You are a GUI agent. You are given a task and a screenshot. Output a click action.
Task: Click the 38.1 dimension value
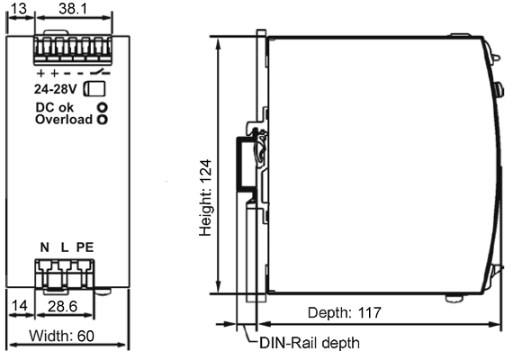coord(73,8)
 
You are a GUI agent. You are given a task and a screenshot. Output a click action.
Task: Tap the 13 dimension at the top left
coord(18,8)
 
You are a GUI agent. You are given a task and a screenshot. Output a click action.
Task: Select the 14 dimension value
coord(19,305)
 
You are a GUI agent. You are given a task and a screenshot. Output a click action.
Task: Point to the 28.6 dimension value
coord(63,306)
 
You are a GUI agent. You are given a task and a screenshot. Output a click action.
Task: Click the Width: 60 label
coord(61,336)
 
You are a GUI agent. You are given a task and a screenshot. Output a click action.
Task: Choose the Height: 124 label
coord(205,198)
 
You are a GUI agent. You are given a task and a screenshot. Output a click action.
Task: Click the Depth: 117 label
coord(344,312)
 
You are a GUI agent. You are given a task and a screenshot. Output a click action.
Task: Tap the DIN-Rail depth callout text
coord(310,343)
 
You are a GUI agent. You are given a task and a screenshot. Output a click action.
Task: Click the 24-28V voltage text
coord(55,89)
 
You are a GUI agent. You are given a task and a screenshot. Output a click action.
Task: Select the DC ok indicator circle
coord(103,107)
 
